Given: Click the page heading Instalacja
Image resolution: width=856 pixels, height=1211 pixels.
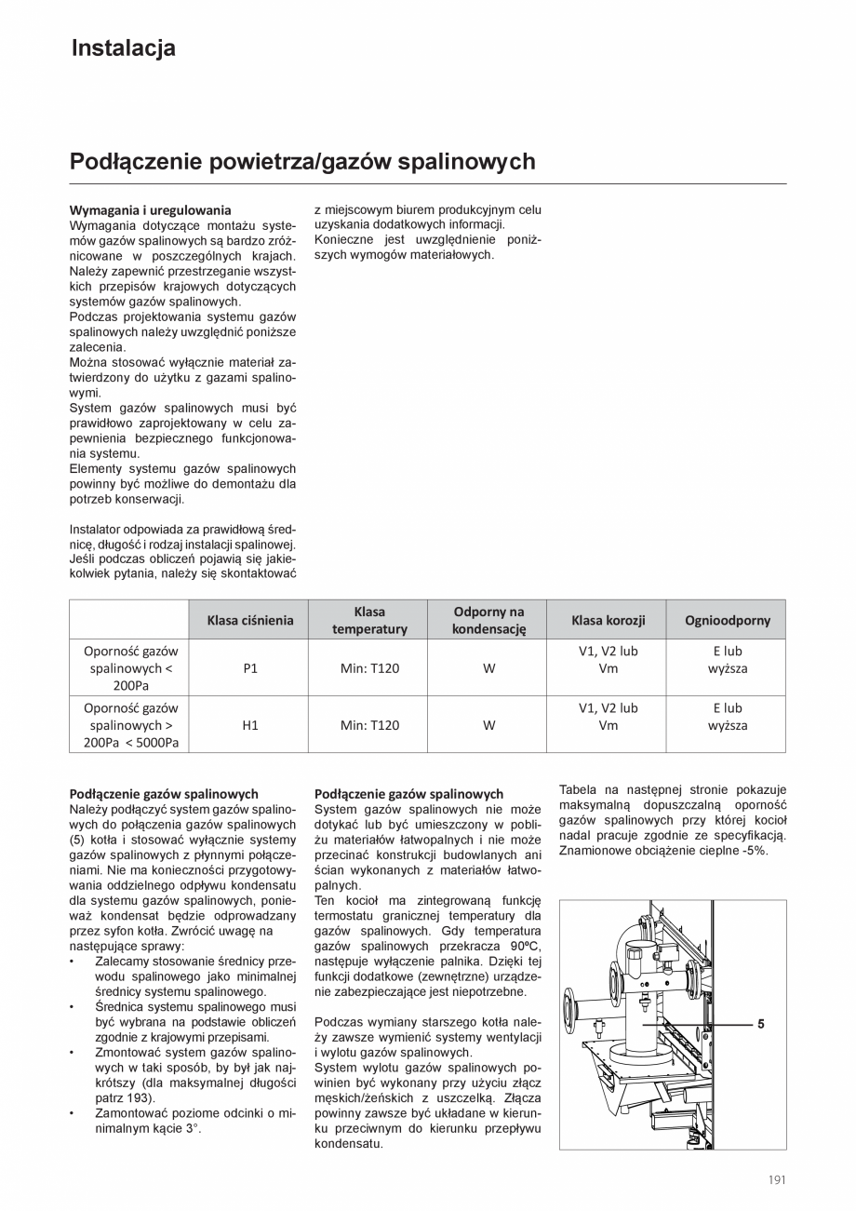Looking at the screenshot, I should click(x=123, y=48).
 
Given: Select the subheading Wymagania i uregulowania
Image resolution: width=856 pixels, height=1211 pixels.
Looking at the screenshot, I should click(x=150, y=210).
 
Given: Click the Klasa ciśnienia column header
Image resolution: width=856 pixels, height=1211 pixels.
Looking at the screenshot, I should click(x=249, y=620).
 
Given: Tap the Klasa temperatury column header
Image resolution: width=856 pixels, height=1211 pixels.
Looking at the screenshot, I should click(x=369, y=620).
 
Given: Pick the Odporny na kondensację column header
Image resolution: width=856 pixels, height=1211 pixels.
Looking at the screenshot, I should click(x=488, y=620).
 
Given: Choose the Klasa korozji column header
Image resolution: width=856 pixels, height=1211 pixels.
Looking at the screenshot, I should click(x=608, y=620).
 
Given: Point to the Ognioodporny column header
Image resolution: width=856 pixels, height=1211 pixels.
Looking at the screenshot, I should click(x=727, y=620).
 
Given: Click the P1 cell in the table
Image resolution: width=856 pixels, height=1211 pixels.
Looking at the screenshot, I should click(x=249, y=668).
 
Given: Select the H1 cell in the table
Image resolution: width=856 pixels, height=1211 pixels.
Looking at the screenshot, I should click(x=249, y=725).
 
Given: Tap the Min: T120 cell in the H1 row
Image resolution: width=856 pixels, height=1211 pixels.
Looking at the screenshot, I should click(x=369, y=725).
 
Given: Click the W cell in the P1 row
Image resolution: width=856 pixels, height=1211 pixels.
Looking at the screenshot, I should click(x=488, y=668).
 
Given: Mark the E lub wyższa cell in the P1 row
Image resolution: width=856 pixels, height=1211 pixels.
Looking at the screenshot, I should click(x=727, y=660).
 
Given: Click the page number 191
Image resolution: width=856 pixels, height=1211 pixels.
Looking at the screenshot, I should click(x=777, y=1179).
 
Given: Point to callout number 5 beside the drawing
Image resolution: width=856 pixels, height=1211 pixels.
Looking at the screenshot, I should click(x=760, y=1024).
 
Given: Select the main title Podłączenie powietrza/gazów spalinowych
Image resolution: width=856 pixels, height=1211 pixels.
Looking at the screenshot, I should click(x=302, y=162).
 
